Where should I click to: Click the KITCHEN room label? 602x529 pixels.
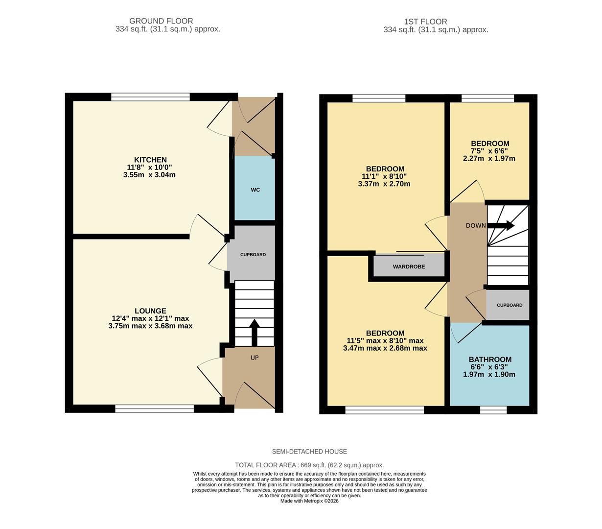pyautogui.click(x=150, y=160)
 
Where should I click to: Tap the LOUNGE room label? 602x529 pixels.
pyautogui.click(x=150, y=311)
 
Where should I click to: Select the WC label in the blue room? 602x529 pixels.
pyautogui.click(x=255, y=190)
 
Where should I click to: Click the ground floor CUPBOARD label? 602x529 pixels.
pyautogui.click(x=253, y=255)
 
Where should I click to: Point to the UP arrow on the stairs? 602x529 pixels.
pyautogui.click(x=254, y=333)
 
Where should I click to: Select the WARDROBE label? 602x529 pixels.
pyautogui.click(x=409, y=267)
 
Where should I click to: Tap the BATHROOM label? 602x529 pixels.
pyautogui.click(x=490, y=360)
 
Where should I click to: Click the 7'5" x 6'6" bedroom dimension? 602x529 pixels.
pyautogui.click(x=489, y=151)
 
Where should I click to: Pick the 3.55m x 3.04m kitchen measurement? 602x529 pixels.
pyautogui.click(x=149, y=175)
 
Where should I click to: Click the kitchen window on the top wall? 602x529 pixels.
pyautogui.click(x=150, y=97)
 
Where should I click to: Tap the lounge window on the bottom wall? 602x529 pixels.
pyautogui.click(x=155, y=409)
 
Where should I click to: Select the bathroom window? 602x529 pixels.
pyautogui.click(x=493, y=410)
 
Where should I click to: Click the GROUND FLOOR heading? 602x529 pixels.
pyautogui.click(x=161, y=21)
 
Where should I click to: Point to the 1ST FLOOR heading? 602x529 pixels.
pyautogui.click(x=425, y=22)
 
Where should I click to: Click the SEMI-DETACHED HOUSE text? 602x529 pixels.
pyautogui.click(x=309, y=452)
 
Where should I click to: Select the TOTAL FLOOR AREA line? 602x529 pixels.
pyautogui.click(x=309, y=465)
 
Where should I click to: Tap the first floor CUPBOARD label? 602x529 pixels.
pyautogui.click(x=509, y=305)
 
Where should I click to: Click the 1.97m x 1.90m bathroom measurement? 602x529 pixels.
pyautogui.click(x=489, y=375)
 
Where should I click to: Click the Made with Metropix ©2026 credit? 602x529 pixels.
pyautogui.click(x=309, y=501)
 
